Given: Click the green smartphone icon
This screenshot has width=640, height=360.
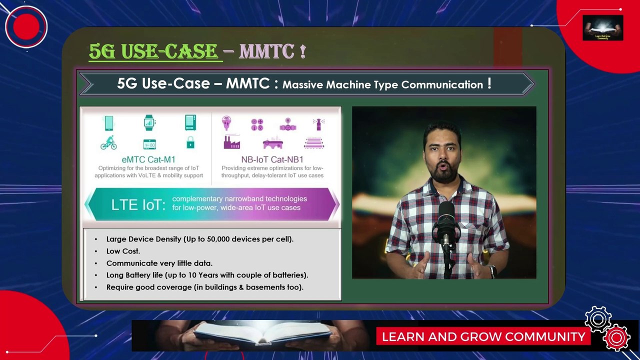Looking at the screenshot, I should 108,122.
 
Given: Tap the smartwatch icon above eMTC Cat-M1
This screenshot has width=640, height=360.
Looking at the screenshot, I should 149,122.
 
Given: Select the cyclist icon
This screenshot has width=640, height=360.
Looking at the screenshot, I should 108,143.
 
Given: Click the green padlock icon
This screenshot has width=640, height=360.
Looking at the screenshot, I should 190,143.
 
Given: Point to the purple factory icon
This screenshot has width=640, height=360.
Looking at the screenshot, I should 231,143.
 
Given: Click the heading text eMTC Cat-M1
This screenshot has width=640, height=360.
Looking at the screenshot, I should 148,160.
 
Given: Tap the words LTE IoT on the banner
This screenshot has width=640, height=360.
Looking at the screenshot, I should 138,204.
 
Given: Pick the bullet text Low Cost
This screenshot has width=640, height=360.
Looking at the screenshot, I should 123,251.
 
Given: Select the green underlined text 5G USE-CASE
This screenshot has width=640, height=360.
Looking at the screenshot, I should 154,51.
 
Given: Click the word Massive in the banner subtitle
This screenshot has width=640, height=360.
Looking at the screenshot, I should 303,84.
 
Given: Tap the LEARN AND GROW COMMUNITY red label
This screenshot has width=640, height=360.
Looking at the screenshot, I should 483,336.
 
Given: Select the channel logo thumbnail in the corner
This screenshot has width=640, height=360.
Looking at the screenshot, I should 602,27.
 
